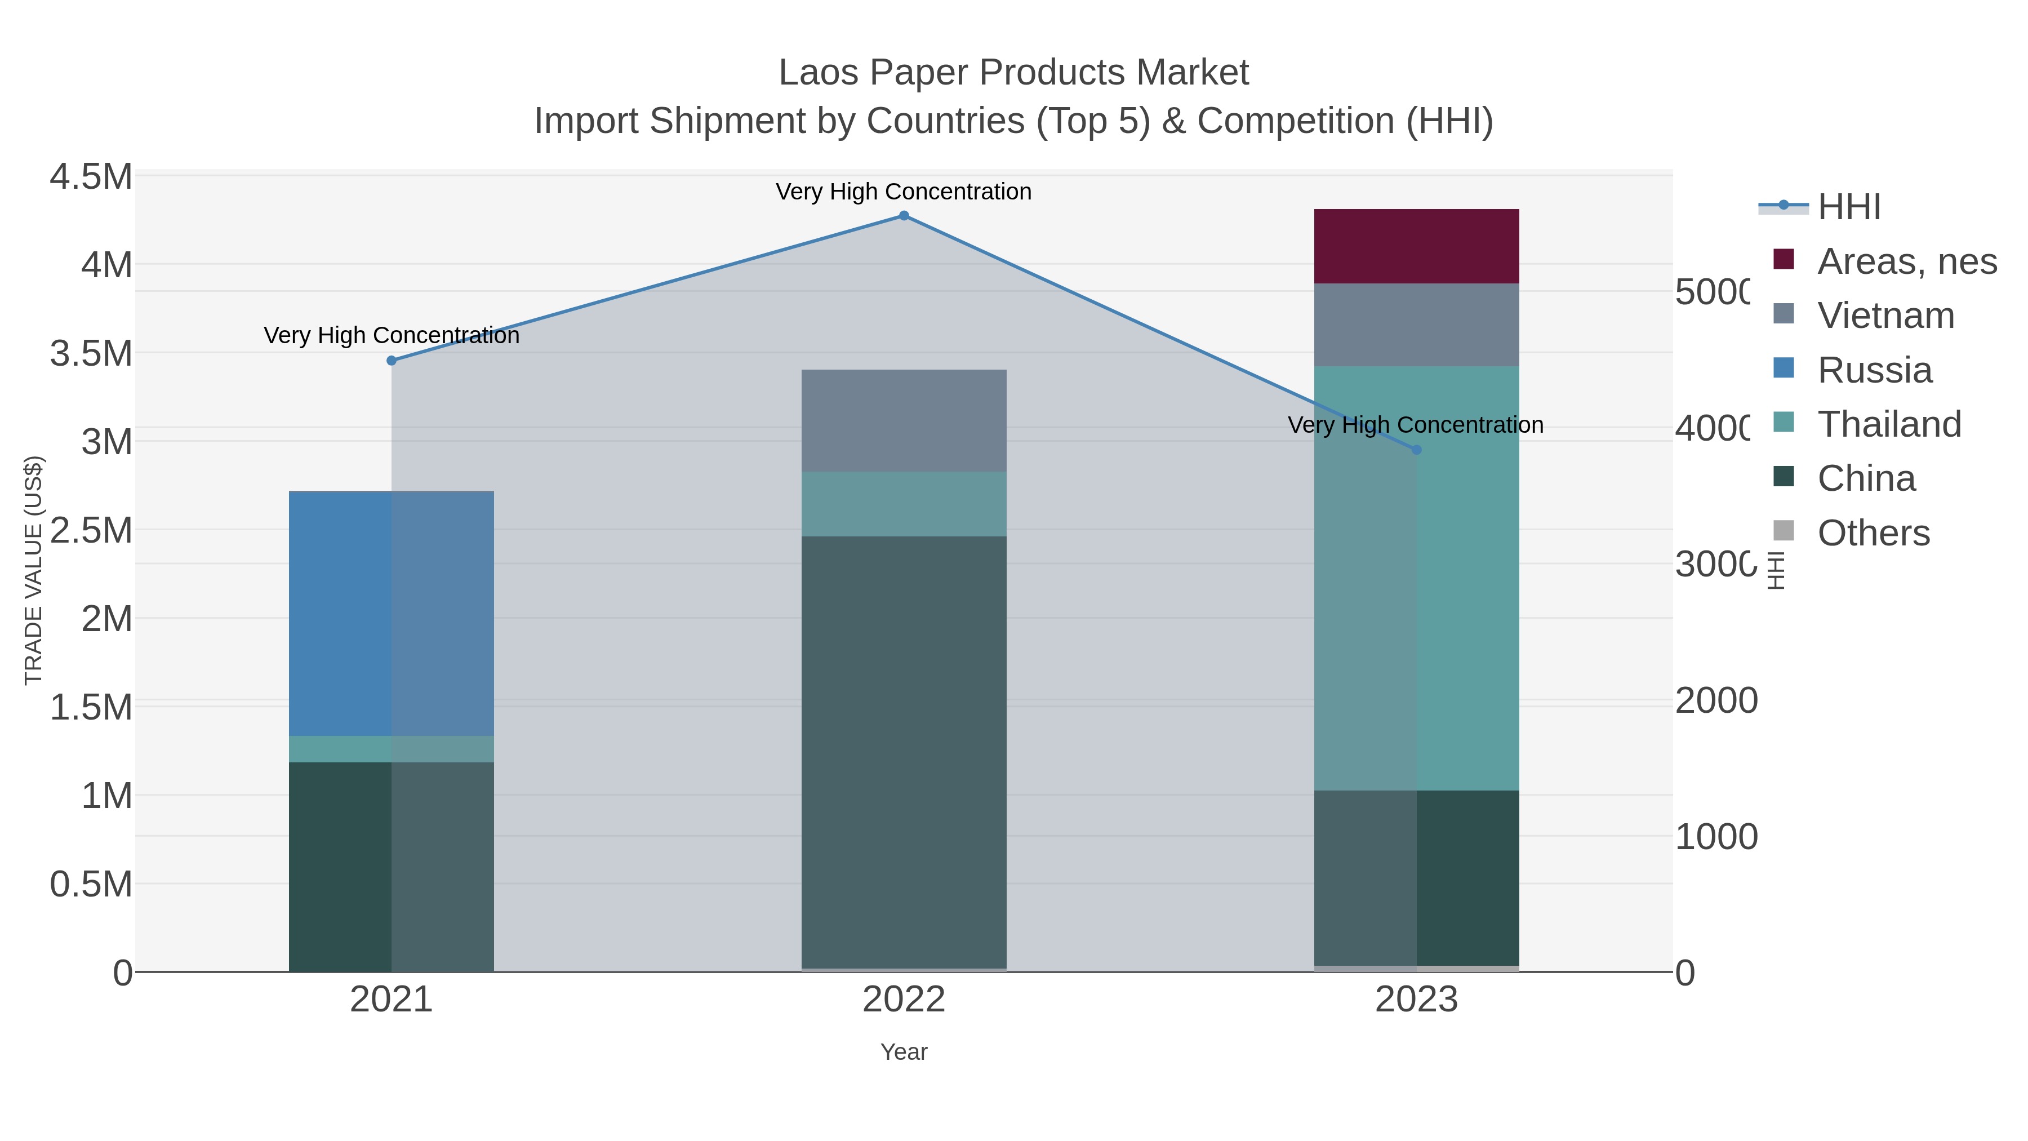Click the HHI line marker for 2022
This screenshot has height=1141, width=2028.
pyautogui.click(x=904, y=216)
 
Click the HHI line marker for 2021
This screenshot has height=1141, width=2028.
pyautogui.click(x=392, y=361)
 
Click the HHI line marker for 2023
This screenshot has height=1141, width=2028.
pyautogui.click(x=1416, y=450)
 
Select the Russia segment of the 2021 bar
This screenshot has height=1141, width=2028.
pyautogui.click(x=392, y=614)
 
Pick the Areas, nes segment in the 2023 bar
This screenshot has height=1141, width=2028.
pyautogui.click(x=1416, y=246)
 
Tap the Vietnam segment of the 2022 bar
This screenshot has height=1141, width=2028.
pyautogui.click(x=904, y=420)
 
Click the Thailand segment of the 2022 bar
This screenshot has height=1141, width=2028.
pyautogui.click(x=904, y=504)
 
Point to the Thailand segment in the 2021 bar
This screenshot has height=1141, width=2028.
pyautogui.click(x=392, y=749)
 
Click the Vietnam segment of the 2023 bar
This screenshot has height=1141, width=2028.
pyautogui.click(x=1416, y=325)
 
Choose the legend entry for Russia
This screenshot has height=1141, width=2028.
pyautogui.click(x=1874, y=370)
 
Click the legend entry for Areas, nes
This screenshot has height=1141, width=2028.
pyautogui.click(x=1906, y=261)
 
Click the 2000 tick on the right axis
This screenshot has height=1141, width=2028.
pyautogui.click(x=1715, y=700)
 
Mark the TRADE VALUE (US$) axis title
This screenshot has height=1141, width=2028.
pyautogui.click(x=33, y=570)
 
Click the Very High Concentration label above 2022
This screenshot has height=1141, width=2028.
pyautogui.click(x=904, y=192)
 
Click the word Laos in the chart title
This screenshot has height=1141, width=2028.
pyautogui.click(x=819, y=73)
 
